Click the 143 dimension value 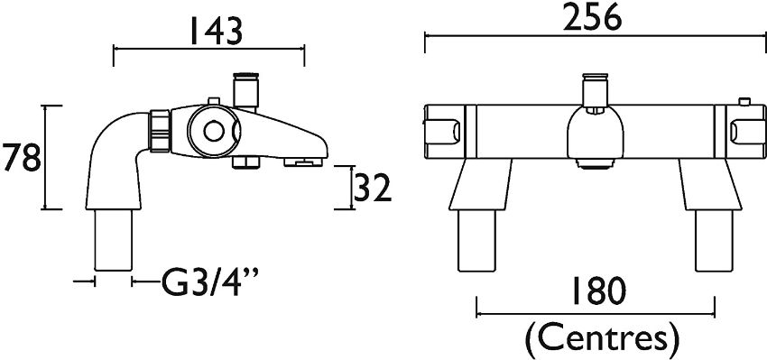click(x=216, y=31)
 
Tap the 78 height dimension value click(x=21, y=157)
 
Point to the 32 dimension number click(x=373, y=188)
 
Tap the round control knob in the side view click(x=214, y=131)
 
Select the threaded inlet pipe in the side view click(x=113, y=240)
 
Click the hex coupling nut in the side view click(x=160, y=130)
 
